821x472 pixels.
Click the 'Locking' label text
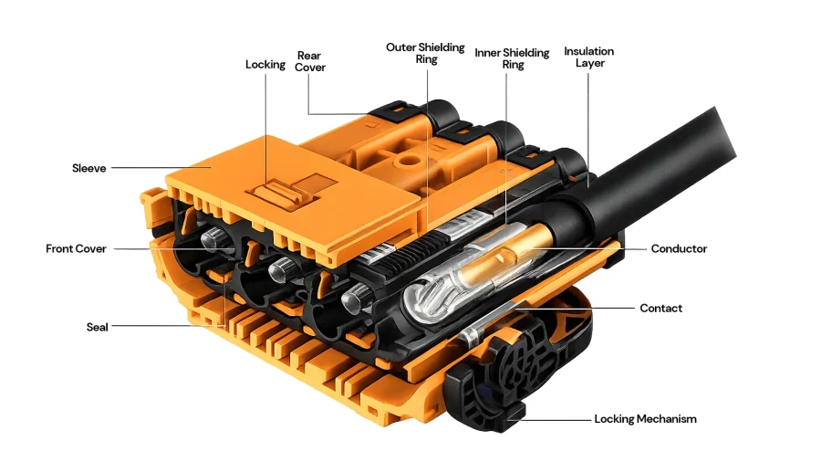coord(265,65)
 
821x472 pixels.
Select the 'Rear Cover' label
coord(310,61)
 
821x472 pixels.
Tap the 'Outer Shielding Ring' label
coord(425,53)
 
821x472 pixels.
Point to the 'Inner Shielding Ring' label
coord(512,58)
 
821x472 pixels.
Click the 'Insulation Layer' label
coord(588,57)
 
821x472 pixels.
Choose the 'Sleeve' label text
coord(89,168)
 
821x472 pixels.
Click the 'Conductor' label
coord(678,248)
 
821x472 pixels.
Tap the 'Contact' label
coord(660,309)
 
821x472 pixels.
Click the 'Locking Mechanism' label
coord(645,419)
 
